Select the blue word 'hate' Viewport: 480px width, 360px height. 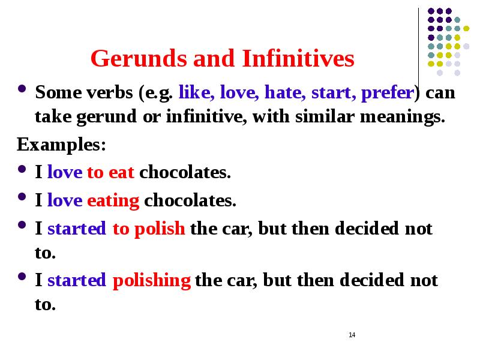tap(282, 93)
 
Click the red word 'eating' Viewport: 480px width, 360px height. tap(113, 200)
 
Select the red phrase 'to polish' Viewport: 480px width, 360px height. tap(148, 229)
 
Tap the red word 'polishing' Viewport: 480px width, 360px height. tap(152, 280)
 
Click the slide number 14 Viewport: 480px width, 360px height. tap(352, 334)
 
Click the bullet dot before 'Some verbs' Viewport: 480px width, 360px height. tap(23, 92)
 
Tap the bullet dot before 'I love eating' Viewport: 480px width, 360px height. tap(23, 199)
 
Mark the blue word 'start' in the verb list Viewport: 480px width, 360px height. tap(331, 94)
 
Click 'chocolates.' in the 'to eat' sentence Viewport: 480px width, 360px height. tap(185, 173)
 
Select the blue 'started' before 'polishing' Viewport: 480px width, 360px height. tap(77, 280)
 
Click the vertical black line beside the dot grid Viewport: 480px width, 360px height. tap(418, 48)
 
